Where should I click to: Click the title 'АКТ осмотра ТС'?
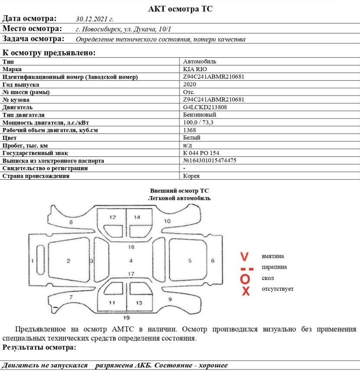coord(180,9)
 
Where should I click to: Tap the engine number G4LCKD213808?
coord(206,107)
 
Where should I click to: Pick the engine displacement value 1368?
coord(190,130)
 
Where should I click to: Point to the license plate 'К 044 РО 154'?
coord(202,153)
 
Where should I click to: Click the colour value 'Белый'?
coord(192,138)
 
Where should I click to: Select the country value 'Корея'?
coord(191,176)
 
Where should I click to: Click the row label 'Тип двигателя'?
coord(23,115)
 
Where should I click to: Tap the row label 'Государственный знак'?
coord(35,153)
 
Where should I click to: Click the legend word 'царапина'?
coord(274,267)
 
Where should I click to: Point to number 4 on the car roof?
coord(131,260)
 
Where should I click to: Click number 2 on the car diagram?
coord(68,261)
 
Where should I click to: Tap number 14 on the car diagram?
coord(137,217)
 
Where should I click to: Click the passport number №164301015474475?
coord(210,161)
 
